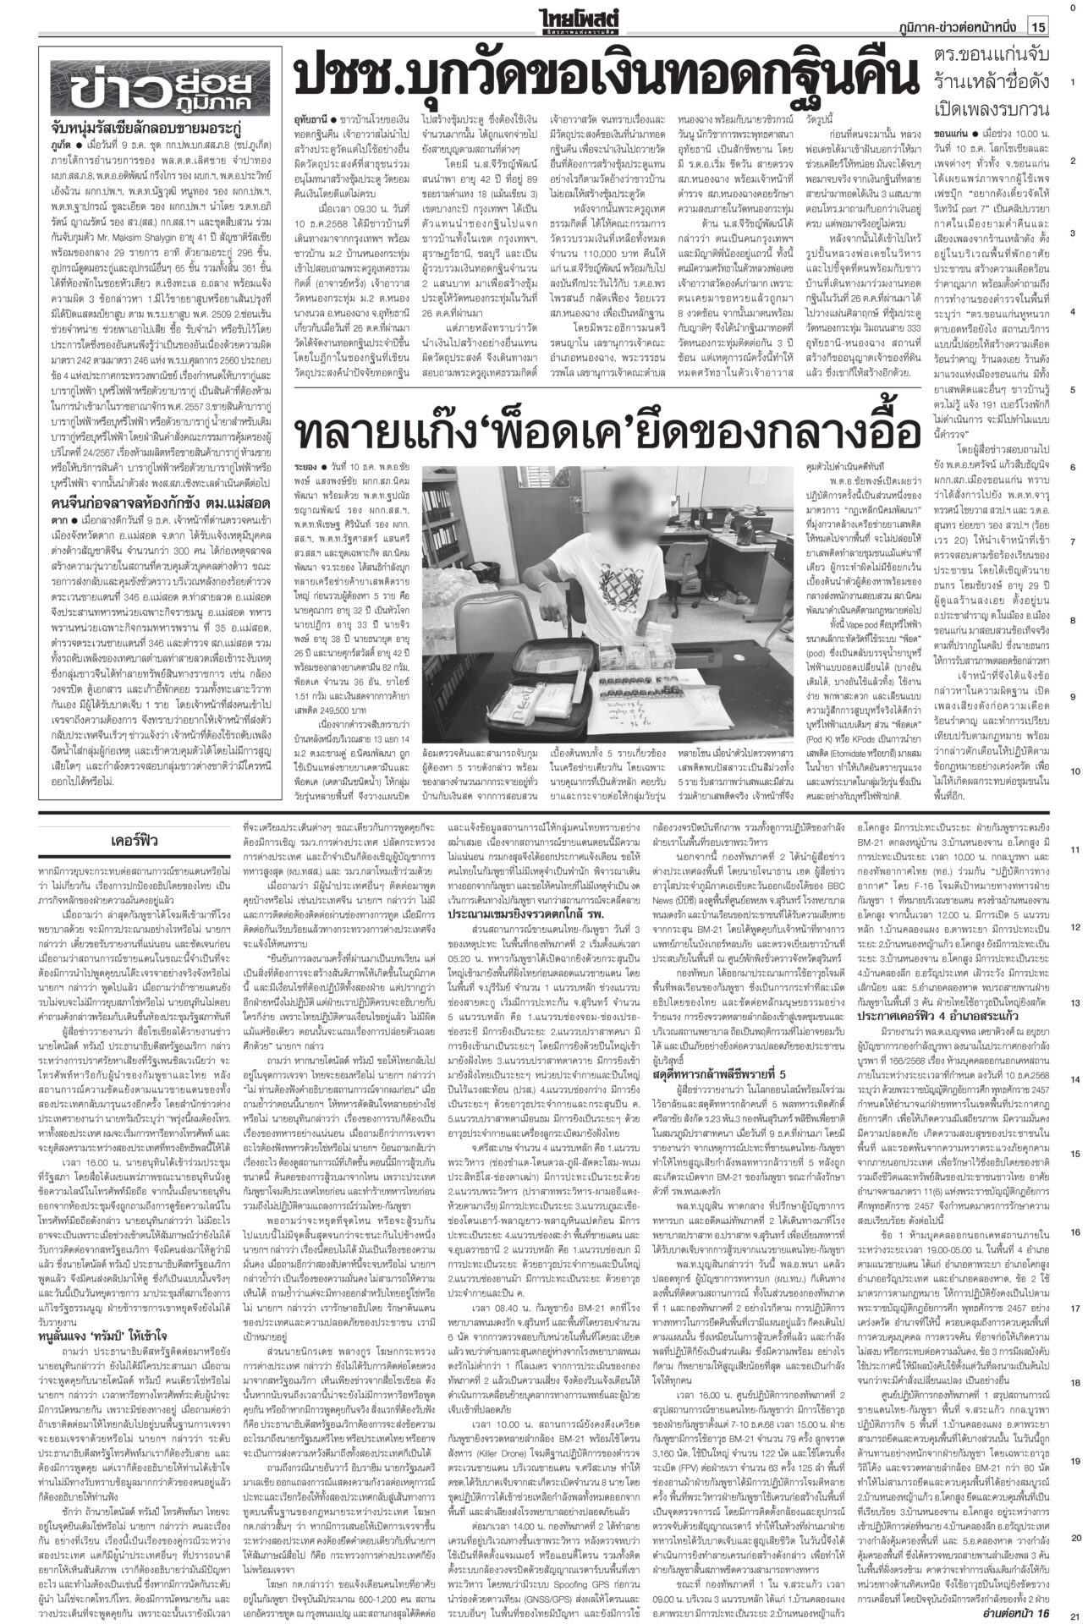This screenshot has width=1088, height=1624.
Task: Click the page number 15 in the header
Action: tap(1039, 27)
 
